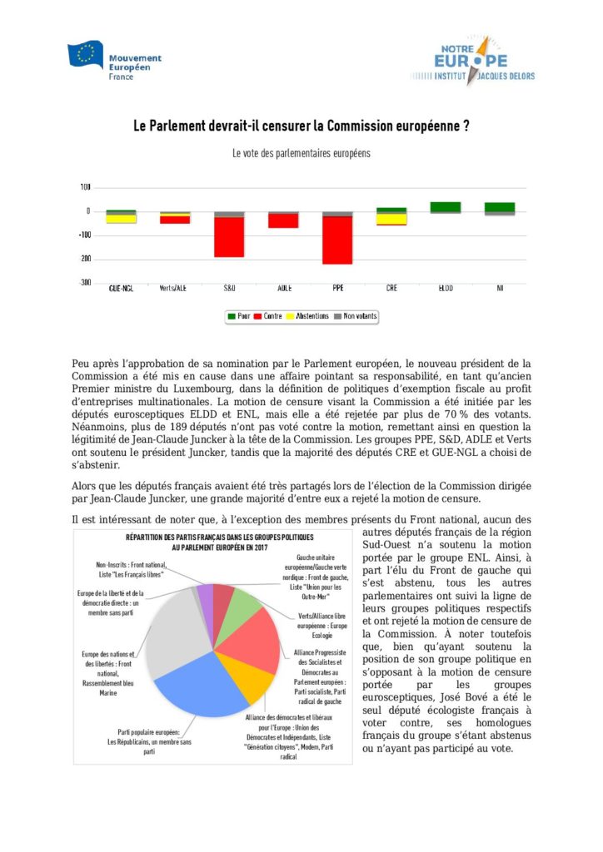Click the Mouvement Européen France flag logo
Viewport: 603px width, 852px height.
click(x=84, y=54)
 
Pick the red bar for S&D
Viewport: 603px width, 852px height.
click(x=229, y=236)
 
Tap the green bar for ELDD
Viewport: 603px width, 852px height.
click(x=446, y=206)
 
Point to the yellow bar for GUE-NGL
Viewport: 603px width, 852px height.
click(x=122, y=219)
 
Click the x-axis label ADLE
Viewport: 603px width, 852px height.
click(x=283, y=289)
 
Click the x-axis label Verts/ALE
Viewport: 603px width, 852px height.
click(x=175, y=289)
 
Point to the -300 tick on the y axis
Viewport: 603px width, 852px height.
click(x=84, y=283)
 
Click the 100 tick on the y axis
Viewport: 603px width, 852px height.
click(x=86, y=187)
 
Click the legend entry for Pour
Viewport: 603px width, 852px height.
click(x=239, y=316)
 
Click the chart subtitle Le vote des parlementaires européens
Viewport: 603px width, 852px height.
click(x=301, y=154)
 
